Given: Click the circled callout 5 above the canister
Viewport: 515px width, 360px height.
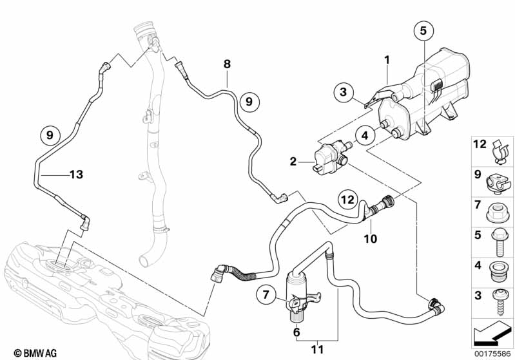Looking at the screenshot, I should click(x=423, y=30).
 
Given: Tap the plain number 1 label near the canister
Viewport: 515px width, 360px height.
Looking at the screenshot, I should click(x=387, y=60).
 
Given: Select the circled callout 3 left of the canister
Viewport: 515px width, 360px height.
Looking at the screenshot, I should click(x=344, y=91).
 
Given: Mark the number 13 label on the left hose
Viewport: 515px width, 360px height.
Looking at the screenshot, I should click(x=76, y=174).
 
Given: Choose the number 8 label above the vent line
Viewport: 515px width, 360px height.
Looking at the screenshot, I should click(x=226, y=64).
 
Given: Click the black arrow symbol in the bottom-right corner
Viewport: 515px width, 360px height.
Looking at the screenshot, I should click(x=492, y=334).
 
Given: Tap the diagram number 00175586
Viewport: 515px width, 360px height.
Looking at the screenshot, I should click(x=492, y=352).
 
